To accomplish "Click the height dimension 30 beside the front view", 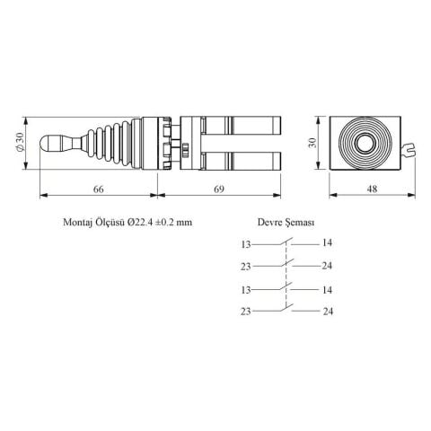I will (x=313, y=142).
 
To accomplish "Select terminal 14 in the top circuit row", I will (x=328, y=243).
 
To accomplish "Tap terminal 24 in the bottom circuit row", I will (x=328, y=312).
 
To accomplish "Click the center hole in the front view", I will (x=367, y=142).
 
